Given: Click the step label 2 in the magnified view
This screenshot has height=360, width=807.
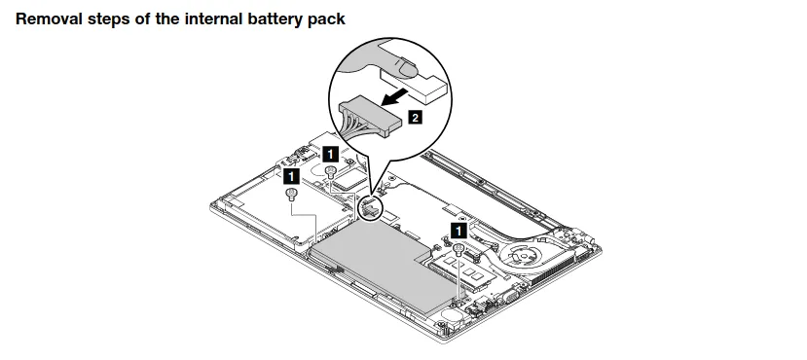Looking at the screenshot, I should [415, 118].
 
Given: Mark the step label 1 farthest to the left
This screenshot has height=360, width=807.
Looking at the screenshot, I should [290, 177].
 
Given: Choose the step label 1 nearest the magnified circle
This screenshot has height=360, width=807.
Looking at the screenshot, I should [330, 154].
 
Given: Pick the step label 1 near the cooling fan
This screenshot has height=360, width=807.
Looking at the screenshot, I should [457, 230].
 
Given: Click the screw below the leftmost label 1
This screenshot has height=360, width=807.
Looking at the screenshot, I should [290, 195].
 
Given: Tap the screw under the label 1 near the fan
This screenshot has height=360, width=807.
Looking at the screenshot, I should [457, 249].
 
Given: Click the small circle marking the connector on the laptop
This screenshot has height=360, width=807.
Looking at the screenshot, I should [371, 206].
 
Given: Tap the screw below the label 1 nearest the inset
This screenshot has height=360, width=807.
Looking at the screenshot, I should [330, 171].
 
